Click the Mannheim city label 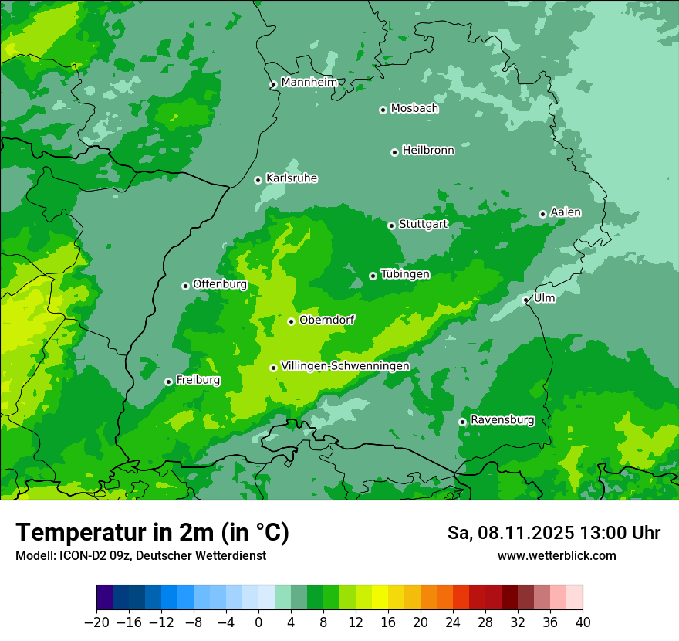pos(309,83)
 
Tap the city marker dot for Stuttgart pos(391,226)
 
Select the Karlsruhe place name pos(291,178)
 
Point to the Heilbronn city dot pos(394,152)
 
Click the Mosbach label pos(414,109)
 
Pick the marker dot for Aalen pos(542,214)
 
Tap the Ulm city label pos(544,298)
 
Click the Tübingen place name pos(404,274)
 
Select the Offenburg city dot pos(185,286)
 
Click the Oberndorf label pos(326,320)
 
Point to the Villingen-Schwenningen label pos(345,366)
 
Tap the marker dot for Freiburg pos(168,382)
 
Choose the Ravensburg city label pos(502,420)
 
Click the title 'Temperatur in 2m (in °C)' pos(152,533)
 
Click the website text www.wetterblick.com pos(556,555)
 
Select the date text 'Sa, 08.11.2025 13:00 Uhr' pos(553,533)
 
